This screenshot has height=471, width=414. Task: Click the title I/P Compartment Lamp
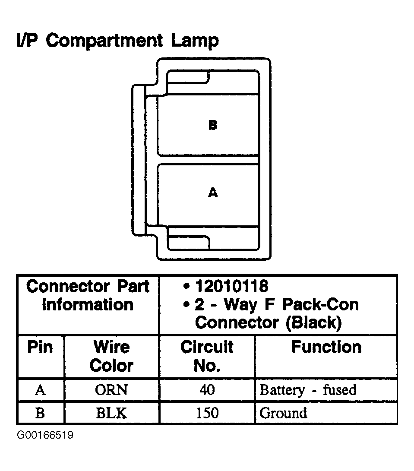pyautogui.click(x=117, y=41)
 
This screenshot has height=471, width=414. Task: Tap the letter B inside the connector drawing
pyautogui.click(x=212, y=126)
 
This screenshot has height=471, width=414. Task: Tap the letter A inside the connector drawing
pyautogui.click(x=212, y=193)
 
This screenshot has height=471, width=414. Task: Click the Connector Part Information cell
pyautogui.click(x=88, y=296)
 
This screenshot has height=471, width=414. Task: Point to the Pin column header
pyautogui.click(x=40, y=348)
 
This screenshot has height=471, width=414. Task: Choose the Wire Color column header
pyautogui.click(x=111, y=356)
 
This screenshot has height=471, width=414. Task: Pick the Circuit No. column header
pyautogui.click(x=207, y=356)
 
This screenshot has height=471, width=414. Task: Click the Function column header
pyautogui.click(x=326, y=347)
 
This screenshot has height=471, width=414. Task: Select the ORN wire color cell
pyautogui.click(x=111, y=390)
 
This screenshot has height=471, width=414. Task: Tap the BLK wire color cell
pyautogui.click(x=111, y=413)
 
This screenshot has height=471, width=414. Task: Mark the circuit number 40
pyautogui.click(x=207, y=390)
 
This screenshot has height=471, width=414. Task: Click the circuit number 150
pyautogui.click(x=207, y=413)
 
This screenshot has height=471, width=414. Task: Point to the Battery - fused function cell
pyautogui.click(x=308, y=390)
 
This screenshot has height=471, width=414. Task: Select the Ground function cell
pyautogui.click(x=283, y=413)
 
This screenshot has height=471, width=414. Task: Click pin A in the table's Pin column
pyautogui.click(x=40, y=390)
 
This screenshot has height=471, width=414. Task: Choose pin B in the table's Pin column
pyautogui.click(x=40, y=413)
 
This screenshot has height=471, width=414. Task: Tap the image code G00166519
pyautogui.click(x=45, y=435)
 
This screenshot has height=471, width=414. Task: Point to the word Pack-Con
pyautogui.click(x=320, y=304)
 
